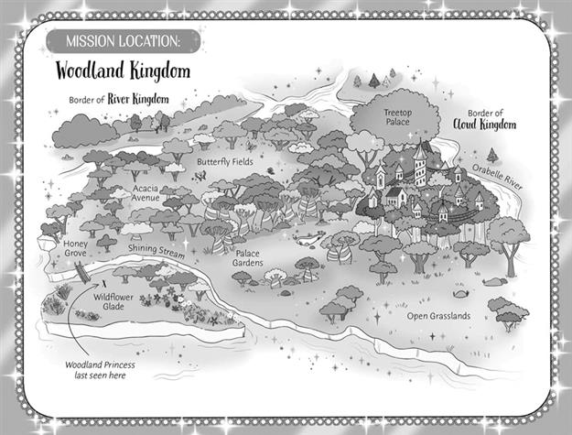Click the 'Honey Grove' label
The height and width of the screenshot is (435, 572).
75,250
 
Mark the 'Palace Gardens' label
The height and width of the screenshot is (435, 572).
250,258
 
